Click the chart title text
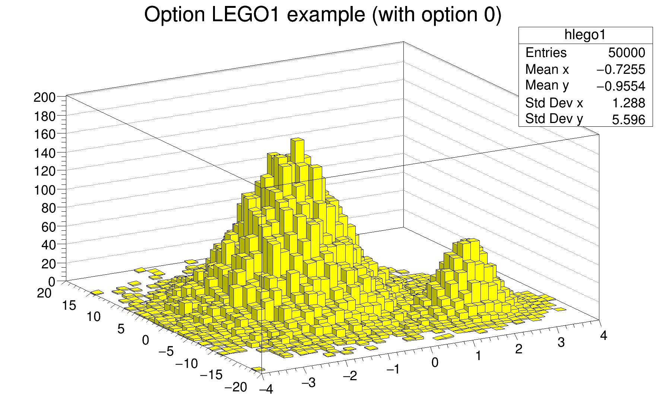tap(323, 15)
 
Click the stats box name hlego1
tap(585, 35)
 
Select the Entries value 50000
tap(627, 53)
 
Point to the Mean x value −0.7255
tap(621, 70)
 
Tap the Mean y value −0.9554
tap(621, 86)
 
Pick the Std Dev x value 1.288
tap(629, 103)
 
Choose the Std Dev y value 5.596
tap(628, 120)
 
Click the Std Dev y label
tap(554, 119)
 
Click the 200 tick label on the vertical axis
tap(44, 98)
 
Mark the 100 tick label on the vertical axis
tap(44, 190)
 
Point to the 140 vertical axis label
tap(44, 153)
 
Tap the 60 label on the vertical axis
tap(48, 227)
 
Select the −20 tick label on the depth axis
tap(236, 387)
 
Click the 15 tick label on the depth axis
tap(69, 306)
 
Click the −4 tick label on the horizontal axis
tap(266, 390)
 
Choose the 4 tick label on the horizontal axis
tap(603, 335)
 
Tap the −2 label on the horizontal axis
tap(350, 376)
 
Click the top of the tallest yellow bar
tap(297, 140)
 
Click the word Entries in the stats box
tap(546, 53)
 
